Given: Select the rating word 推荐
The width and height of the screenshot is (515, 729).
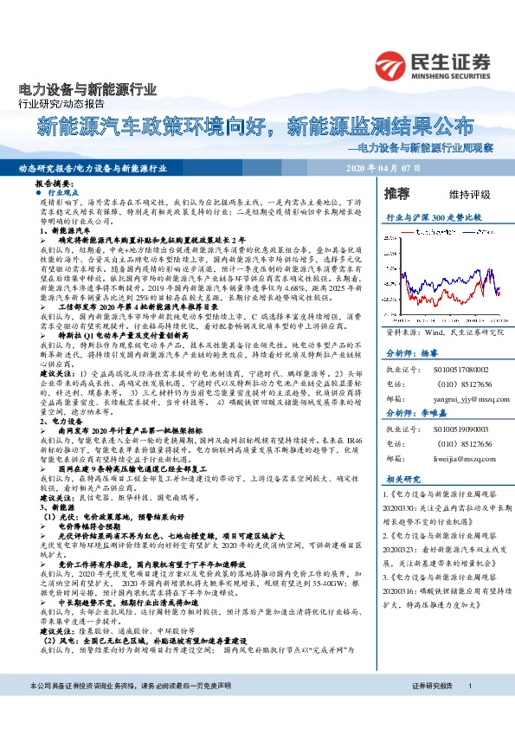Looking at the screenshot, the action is point(397,191).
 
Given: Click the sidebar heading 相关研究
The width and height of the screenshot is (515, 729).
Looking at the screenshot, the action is point(402,479).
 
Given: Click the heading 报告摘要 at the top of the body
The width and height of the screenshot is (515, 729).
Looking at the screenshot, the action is point(53,185).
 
